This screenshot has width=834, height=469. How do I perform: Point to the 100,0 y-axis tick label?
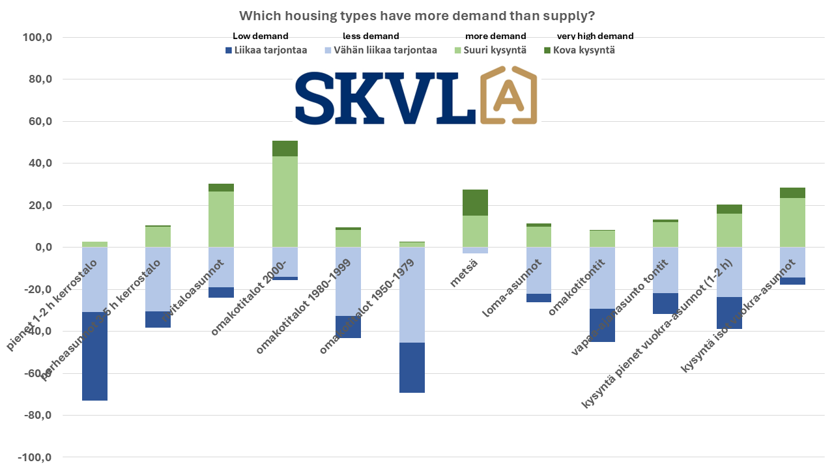(38, 38)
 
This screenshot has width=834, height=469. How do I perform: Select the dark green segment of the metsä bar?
(476, 203)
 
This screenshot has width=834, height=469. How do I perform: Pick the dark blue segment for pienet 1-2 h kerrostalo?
(94, 356)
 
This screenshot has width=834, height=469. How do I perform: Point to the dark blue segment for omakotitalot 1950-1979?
(412, 367)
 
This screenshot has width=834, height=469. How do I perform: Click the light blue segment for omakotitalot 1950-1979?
(412, 295)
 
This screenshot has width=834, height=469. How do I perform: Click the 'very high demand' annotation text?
(595, 36)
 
